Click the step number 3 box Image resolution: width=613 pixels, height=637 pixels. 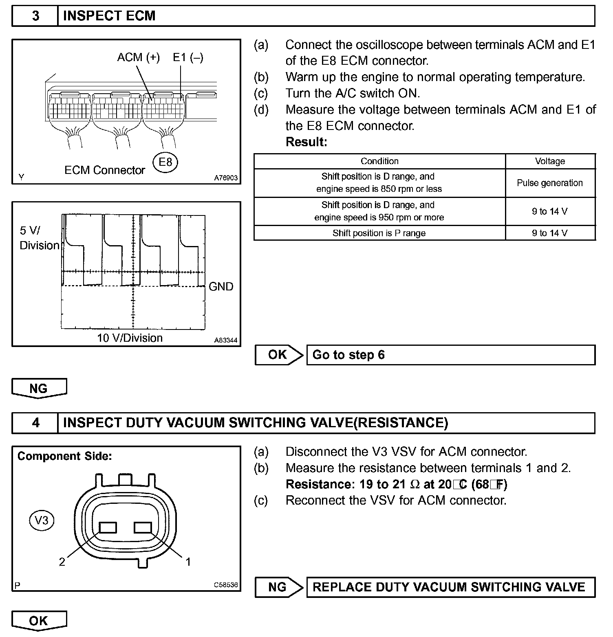(35, 16)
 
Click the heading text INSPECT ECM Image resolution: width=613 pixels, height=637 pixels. (109, 16)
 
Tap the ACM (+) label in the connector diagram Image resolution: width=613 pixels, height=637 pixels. (138, 57)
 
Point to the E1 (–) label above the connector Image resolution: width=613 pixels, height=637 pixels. (188, 57)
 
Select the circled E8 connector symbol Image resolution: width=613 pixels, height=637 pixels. (165, 163)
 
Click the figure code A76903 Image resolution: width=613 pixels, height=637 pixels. (226, 178)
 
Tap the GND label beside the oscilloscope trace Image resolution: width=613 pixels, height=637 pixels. (221, 287)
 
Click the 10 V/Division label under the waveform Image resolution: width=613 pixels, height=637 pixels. (130, 338)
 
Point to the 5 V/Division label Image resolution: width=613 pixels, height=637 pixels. (39, 238)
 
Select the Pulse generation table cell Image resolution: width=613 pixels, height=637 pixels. (550, 183)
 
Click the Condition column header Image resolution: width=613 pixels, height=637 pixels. (379, 161)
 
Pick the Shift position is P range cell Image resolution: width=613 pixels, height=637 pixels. (379, 233)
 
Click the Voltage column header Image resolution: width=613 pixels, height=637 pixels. (550, 161)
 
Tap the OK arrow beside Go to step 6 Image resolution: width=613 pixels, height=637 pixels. (279, 355)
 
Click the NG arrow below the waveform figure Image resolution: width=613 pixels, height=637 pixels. (39, 388)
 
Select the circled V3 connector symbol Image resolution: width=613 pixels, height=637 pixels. (42, 520)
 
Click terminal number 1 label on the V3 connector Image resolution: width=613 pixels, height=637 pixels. (188, 562)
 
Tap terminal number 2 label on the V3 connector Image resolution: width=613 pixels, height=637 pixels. (62, 562)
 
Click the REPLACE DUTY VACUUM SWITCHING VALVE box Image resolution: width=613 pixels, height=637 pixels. (450, 587)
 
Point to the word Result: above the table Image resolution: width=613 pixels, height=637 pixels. (306, 142)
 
